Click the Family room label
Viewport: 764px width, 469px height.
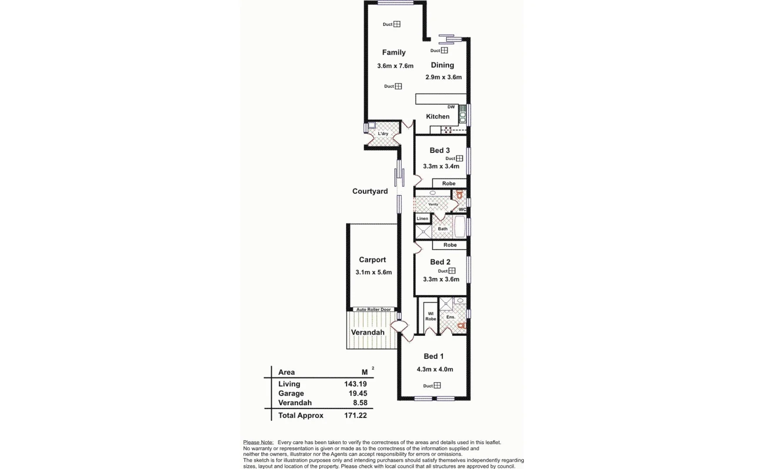394,53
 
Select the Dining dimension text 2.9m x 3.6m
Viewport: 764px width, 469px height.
443,77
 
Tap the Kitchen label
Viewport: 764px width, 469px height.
437,116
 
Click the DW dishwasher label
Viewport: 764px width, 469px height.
451,107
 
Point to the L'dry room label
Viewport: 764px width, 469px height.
383,134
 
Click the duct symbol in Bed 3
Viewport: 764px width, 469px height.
459,159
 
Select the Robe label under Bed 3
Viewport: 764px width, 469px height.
449,184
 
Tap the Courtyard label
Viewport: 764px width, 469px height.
370,191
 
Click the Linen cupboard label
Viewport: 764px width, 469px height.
422,219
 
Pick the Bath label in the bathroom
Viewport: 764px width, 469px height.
442,229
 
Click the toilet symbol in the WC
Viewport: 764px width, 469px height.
460,195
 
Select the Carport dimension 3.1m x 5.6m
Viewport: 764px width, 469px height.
373,272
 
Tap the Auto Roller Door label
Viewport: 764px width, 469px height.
373,310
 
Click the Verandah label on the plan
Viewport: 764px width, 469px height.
367,333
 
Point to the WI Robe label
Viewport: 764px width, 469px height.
430,316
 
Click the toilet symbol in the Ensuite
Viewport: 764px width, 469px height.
461,325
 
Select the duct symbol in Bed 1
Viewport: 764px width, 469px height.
437,386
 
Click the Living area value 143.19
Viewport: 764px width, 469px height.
355,384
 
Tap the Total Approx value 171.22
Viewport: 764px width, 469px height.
355,416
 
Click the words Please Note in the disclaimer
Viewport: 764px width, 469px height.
258,443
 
